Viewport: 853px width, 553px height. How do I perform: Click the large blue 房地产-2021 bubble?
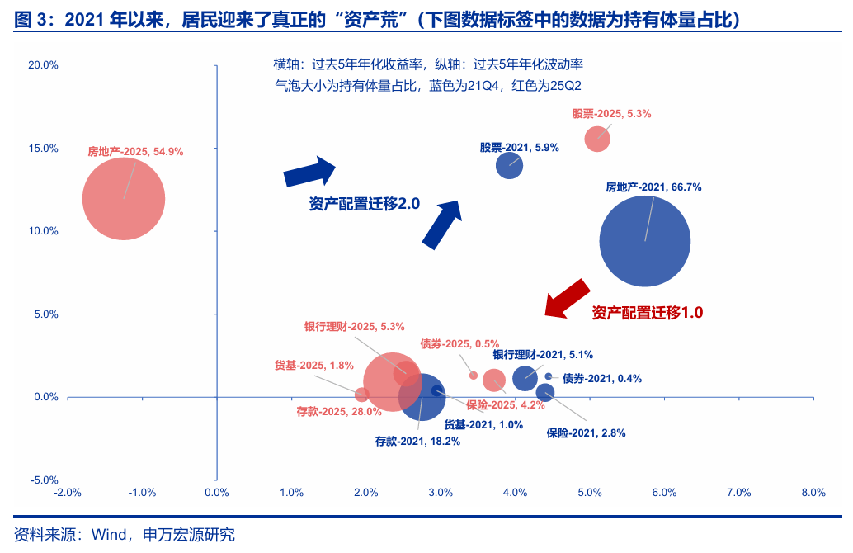click(644, 241)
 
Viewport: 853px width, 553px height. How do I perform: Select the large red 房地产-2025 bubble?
click(124, 199)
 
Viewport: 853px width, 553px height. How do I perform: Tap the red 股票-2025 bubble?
click(597, 139)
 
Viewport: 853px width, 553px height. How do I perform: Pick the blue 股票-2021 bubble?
click(510, 165)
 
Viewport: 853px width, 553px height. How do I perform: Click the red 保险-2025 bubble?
click(494, 380)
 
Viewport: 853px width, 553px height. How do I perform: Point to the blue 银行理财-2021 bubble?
click(525, 378)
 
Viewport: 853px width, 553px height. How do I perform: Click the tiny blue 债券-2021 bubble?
click(548, 376)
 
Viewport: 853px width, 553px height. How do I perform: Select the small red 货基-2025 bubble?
click(361, 395)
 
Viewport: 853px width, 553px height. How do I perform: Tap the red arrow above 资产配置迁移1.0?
click(568, 297)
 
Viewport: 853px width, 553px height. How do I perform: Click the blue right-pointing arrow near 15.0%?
click(309, 172)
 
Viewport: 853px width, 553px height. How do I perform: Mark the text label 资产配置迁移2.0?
click(365, 204)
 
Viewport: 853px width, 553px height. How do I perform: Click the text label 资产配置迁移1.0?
click(648, 313)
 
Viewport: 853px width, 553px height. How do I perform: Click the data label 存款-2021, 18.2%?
click(417, 442)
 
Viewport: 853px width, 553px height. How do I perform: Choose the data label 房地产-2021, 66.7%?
click(653, 187)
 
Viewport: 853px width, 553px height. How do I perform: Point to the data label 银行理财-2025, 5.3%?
click(354, 327)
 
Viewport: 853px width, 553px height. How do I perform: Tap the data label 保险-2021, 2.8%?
click(586, 432)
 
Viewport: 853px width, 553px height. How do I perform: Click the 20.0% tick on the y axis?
click(43, 65)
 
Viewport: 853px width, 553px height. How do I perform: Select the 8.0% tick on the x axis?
click(813, 493)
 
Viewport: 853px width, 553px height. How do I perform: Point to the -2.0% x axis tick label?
click(67, 493)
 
